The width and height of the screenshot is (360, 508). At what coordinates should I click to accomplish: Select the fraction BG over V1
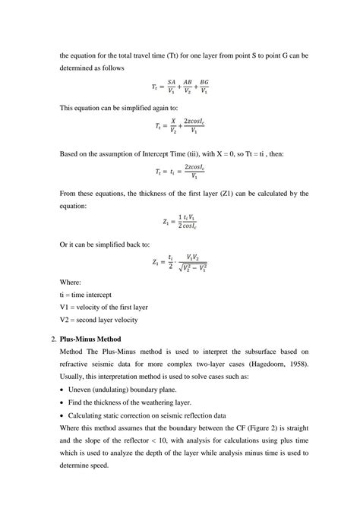click(x=204, y=87)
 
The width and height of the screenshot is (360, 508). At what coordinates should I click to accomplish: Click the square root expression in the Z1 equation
click(x=191, y=268)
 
